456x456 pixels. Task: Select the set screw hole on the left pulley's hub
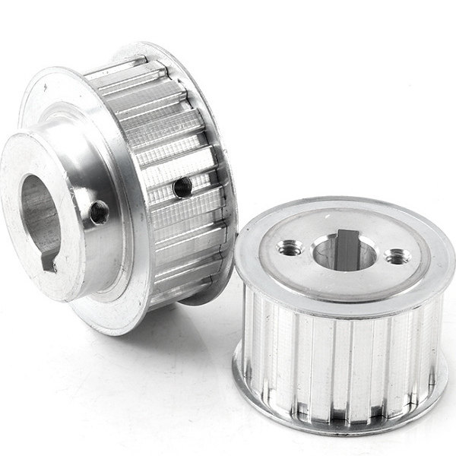point(99,214)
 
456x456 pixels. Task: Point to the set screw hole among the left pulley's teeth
point(182,187)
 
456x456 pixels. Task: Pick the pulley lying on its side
point(122,182)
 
